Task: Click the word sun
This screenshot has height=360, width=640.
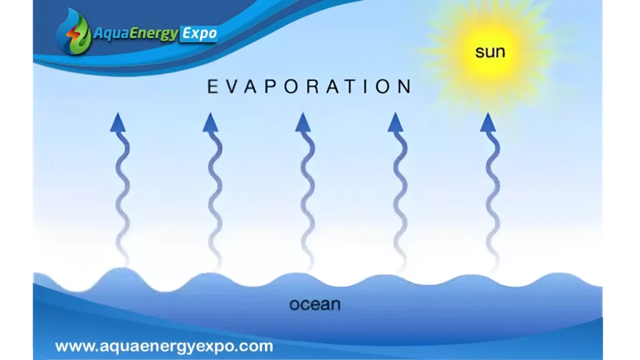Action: [490, 52]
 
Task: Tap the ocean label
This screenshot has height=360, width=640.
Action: [315, 304]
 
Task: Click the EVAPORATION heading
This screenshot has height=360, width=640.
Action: [310, 86]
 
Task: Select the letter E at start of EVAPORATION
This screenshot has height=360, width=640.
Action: [212, 86]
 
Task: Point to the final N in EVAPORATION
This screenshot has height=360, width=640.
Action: [405, 86]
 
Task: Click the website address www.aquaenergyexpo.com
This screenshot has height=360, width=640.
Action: [164, 346]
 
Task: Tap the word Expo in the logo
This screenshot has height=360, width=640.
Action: [199, 34]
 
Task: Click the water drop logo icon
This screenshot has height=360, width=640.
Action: [74, 32]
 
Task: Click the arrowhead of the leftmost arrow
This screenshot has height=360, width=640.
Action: [118, 122]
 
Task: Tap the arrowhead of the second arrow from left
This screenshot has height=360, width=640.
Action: [210, 122]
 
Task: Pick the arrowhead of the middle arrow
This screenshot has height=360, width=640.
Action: [303, 122]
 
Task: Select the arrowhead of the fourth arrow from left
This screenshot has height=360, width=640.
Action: [395, 122]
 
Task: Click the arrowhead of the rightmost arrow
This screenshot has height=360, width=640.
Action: [487, 122]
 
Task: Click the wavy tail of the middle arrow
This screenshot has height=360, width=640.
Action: [307, 200]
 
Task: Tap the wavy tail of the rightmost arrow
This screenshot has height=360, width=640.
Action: [492, 200]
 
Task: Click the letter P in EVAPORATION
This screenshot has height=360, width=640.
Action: [271, 86]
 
